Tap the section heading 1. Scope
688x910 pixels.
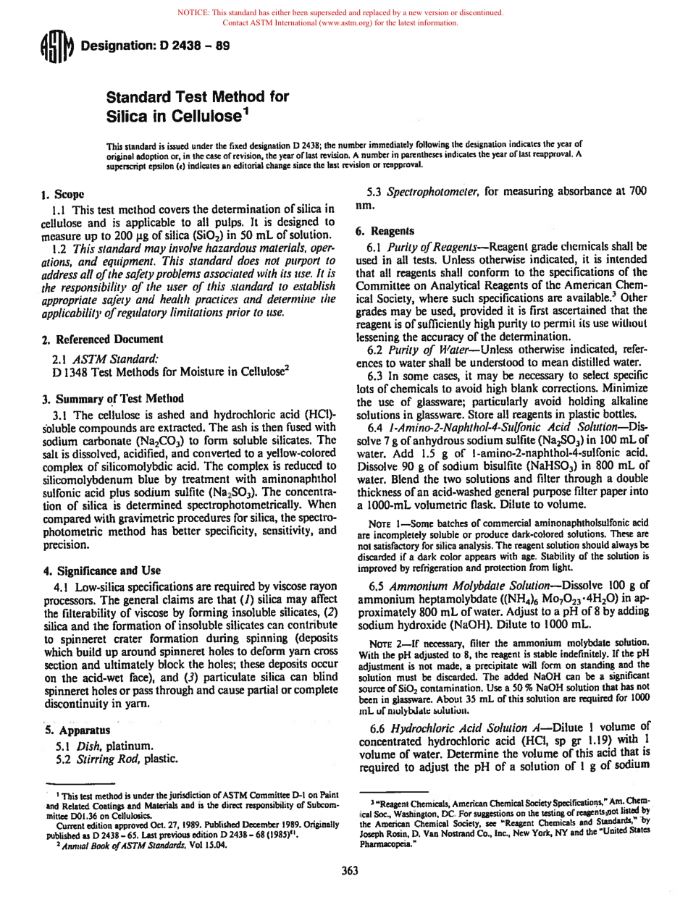click(x=63, y=195)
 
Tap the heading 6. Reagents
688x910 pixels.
click(x=385, y=231)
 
